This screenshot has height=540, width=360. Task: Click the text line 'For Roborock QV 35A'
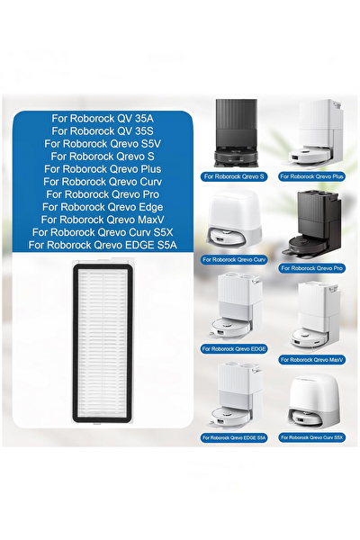(x=103, y=119)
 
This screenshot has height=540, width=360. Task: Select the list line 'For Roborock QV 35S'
(x=103, y=131)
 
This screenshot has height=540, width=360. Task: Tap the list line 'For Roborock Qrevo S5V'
(x=103, y=144)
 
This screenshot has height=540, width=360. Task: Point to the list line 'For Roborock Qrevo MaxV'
(x=103, y=220)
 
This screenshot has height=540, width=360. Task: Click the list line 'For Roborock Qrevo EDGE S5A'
(x=103, y=245)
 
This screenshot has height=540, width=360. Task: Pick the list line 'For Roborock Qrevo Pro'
(x=103, y=194)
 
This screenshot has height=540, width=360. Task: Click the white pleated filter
(x=103, y=343)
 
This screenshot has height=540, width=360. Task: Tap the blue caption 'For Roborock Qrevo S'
(x=234, y=176)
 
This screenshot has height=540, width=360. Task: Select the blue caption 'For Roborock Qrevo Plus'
(x=311, y=176)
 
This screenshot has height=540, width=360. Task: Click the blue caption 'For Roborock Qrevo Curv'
(x=234, y=260)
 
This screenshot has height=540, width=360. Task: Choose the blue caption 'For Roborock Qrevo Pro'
(x=311, y=268)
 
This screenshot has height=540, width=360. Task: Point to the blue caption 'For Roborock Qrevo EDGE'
(x=234, y=349)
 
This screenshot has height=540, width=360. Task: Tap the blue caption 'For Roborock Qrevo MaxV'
(x=311, y=360)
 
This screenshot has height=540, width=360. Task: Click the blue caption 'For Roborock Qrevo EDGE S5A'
(x=234, y=438)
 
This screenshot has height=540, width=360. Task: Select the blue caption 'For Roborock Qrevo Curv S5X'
(x=311, y=437)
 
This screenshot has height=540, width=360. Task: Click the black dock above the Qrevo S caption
(x=237, y=134)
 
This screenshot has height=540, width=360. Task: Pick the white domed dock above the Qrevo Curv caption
(x=232, y=221)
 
